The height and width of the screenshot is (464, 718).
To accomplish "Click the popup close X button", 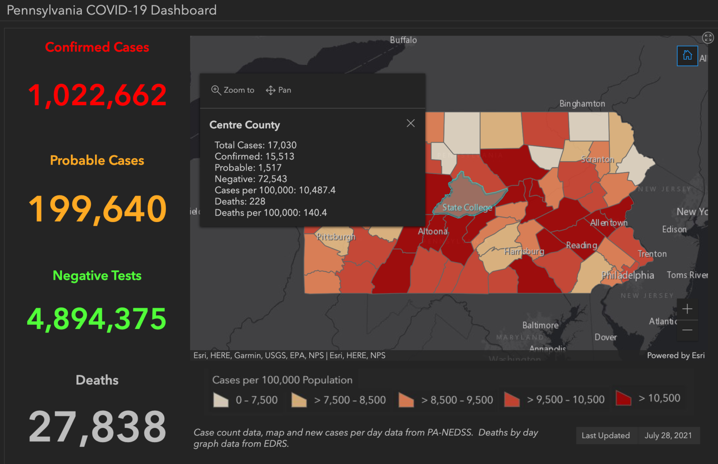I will point(411,123).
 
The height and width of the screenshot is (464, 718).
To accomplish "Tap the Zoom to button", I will point(233,90).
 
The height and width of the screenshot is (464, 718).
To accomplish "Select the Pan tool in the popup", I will point(279,90).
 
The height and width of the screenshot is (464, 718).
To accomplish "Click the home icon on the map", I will point(687,56).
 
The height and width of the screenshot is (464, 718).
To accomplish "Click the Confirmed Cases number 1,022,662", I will point(97,95).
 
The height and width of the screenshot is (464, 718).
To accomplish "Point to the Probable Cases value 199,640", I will point(97,209).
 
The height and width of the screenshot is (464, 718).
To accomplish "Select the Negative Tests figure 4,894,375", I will point(97,319).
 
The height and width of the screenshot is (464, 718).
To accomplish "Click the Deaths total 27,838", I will point(97,427).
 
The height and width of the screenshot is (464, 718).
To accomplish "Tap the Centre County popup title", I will point(245,125).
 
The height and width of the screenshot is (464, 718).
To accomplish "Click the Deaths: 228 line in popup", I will point(240,201).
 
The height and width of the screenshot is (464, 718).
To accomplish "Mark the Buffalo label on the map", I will point(403,40).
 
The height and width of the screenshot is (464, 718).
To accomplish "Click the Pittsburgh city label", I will point(336,237).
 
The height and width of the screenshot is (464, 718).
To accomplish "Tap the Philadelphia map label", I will point(627,275).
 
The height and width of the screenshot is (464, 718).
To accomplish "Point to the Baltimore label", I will point(540,325).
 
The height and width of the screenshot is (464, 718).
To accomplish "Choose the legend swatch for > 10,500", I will point(623,398).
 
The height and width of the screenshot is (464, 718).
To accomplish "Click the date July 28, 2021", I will point(668,435).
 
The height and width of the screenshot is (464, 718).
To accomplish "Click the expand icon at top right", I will point(707,38).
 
